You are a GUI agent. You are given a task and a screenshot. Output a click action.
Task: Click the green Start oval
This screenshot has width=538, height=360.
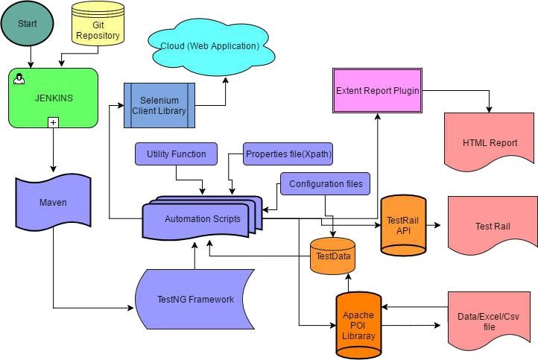27,24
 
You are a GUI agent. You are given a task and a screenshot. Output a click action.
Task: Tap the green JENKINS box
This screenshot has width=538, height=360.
53,98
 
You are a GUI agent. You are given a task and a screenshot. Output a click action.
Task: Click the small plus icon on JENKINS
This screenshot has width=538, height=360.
53,121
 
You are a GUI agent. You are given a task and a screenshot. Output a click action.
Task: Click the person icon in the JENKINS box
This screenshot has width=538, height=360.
19,78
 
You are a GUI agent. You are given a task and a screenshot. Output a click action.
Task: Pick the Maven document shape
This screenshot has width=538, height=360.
53,203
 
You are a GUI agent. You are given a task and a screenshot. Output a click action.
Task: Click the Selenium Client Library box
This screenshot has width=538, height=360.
159,105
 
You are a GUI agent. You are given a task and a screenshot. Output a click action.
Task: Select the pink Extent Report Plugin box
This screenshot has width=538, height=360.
377,91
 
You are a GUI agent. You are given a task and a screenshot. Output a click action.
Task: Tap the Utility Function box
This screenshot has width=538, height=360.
176,154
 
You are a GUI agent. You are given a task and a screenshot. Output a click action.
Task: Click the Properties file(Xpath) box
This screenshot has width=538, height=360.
288,154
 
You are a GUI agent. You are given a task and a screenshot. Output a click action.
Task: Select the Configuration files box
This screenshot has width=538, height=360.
326,183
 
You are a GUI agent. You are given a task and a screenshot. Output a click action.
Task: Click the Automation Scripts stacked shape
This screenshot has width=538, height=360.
203,218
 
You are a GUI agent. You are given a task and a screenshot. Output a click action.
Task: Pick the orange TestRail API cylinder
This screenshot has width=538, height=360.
403,224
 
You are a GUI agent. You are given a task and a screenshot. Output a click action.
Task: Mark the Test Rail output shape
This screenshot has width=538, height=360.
492,224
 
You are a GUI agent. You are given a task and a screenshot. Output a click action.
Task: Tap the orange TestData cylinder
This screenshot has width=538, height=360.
333,256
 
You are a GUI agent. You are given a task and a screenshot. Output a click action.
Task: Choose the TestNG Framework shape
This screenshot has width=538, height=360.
195,299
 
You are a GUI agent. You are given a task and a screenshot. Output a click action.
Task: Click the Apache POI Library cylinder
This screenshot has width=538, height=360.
358,325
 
